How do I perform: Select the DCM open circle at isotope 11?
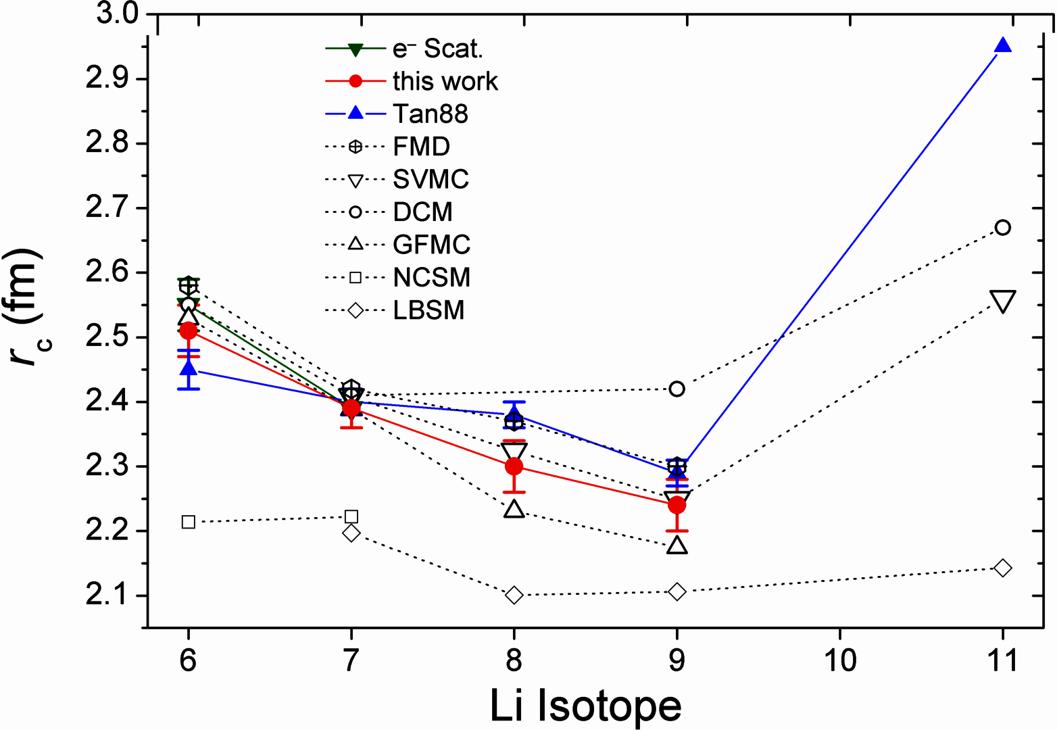(x=1003, y=227)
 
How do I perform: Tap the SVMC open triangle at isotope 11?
(x=1003, y=301)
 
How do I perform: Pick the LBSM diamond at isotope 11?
(x=1003, y=568)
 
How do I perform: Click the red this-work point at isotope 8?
(x=514, y=466)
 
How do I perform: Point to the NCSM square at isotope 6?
(x=189, y=522)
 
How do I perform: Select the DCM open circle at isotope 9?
(x=677, y=389)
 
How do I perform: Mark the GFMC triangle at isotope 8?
(x=514, y=509)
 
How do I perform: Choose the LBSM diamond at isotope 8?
(x=514, y=595)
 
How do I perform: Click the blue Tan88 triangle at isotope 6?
(x=189, y=368)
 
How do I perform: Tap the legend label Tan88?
(x=431, y=114)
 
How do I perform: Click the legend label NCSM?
(x=432, y=277)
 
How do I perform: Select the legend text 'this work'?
(x=445, y=81)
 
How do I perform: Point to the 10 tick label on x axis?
(x=839, y=660)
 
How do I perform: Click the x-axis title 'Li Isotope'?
(x=585, y=706)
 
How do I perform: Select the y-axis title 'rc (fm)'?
(x=27, y=308)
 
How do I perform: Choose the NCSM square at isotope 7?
(x=351, y=517)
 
